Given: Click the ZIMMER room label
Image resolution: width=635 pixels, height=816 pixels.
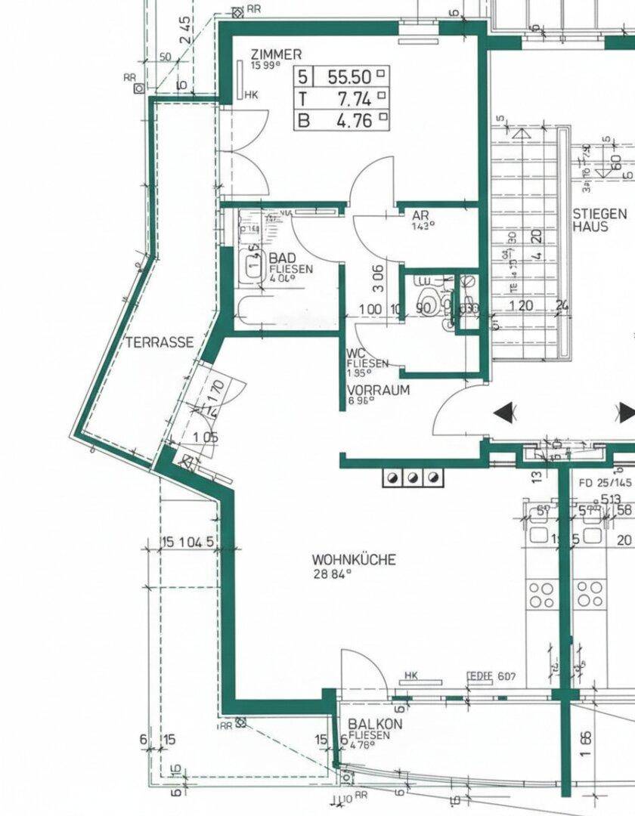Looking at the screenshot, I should [276, 54].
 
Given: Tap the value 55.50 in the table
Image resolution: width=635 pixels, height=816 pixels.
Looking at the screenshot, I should [350, 76].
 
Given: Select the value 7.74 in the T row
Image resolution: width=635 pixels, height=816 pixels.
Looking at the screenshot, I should [355, 97].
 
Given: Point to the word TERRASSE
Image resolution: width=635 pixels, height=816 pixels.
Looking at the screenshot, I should [160, 342].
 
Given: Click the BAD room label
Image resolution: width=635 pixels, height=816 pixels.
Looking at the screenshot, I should [283, 258].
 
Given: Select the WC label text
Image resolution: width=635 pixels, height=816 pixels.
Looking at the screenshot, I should [356, 353].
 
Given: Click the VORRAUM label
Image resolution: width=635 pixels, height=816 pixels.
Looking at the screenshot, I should [378, 391].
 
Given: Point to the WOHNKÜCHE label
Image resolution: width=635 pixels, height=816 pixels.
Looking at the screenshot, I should [354, 560].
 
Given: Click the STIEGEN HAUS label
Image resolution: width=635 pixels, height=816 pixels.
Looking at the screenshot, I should [599, 220].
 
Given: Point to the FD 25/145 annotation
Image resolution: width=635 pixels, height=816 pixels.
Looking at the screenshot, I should [604, 481].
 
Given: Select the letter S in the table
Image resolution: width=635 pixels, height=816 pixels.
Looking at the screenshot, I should [305, 76].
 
